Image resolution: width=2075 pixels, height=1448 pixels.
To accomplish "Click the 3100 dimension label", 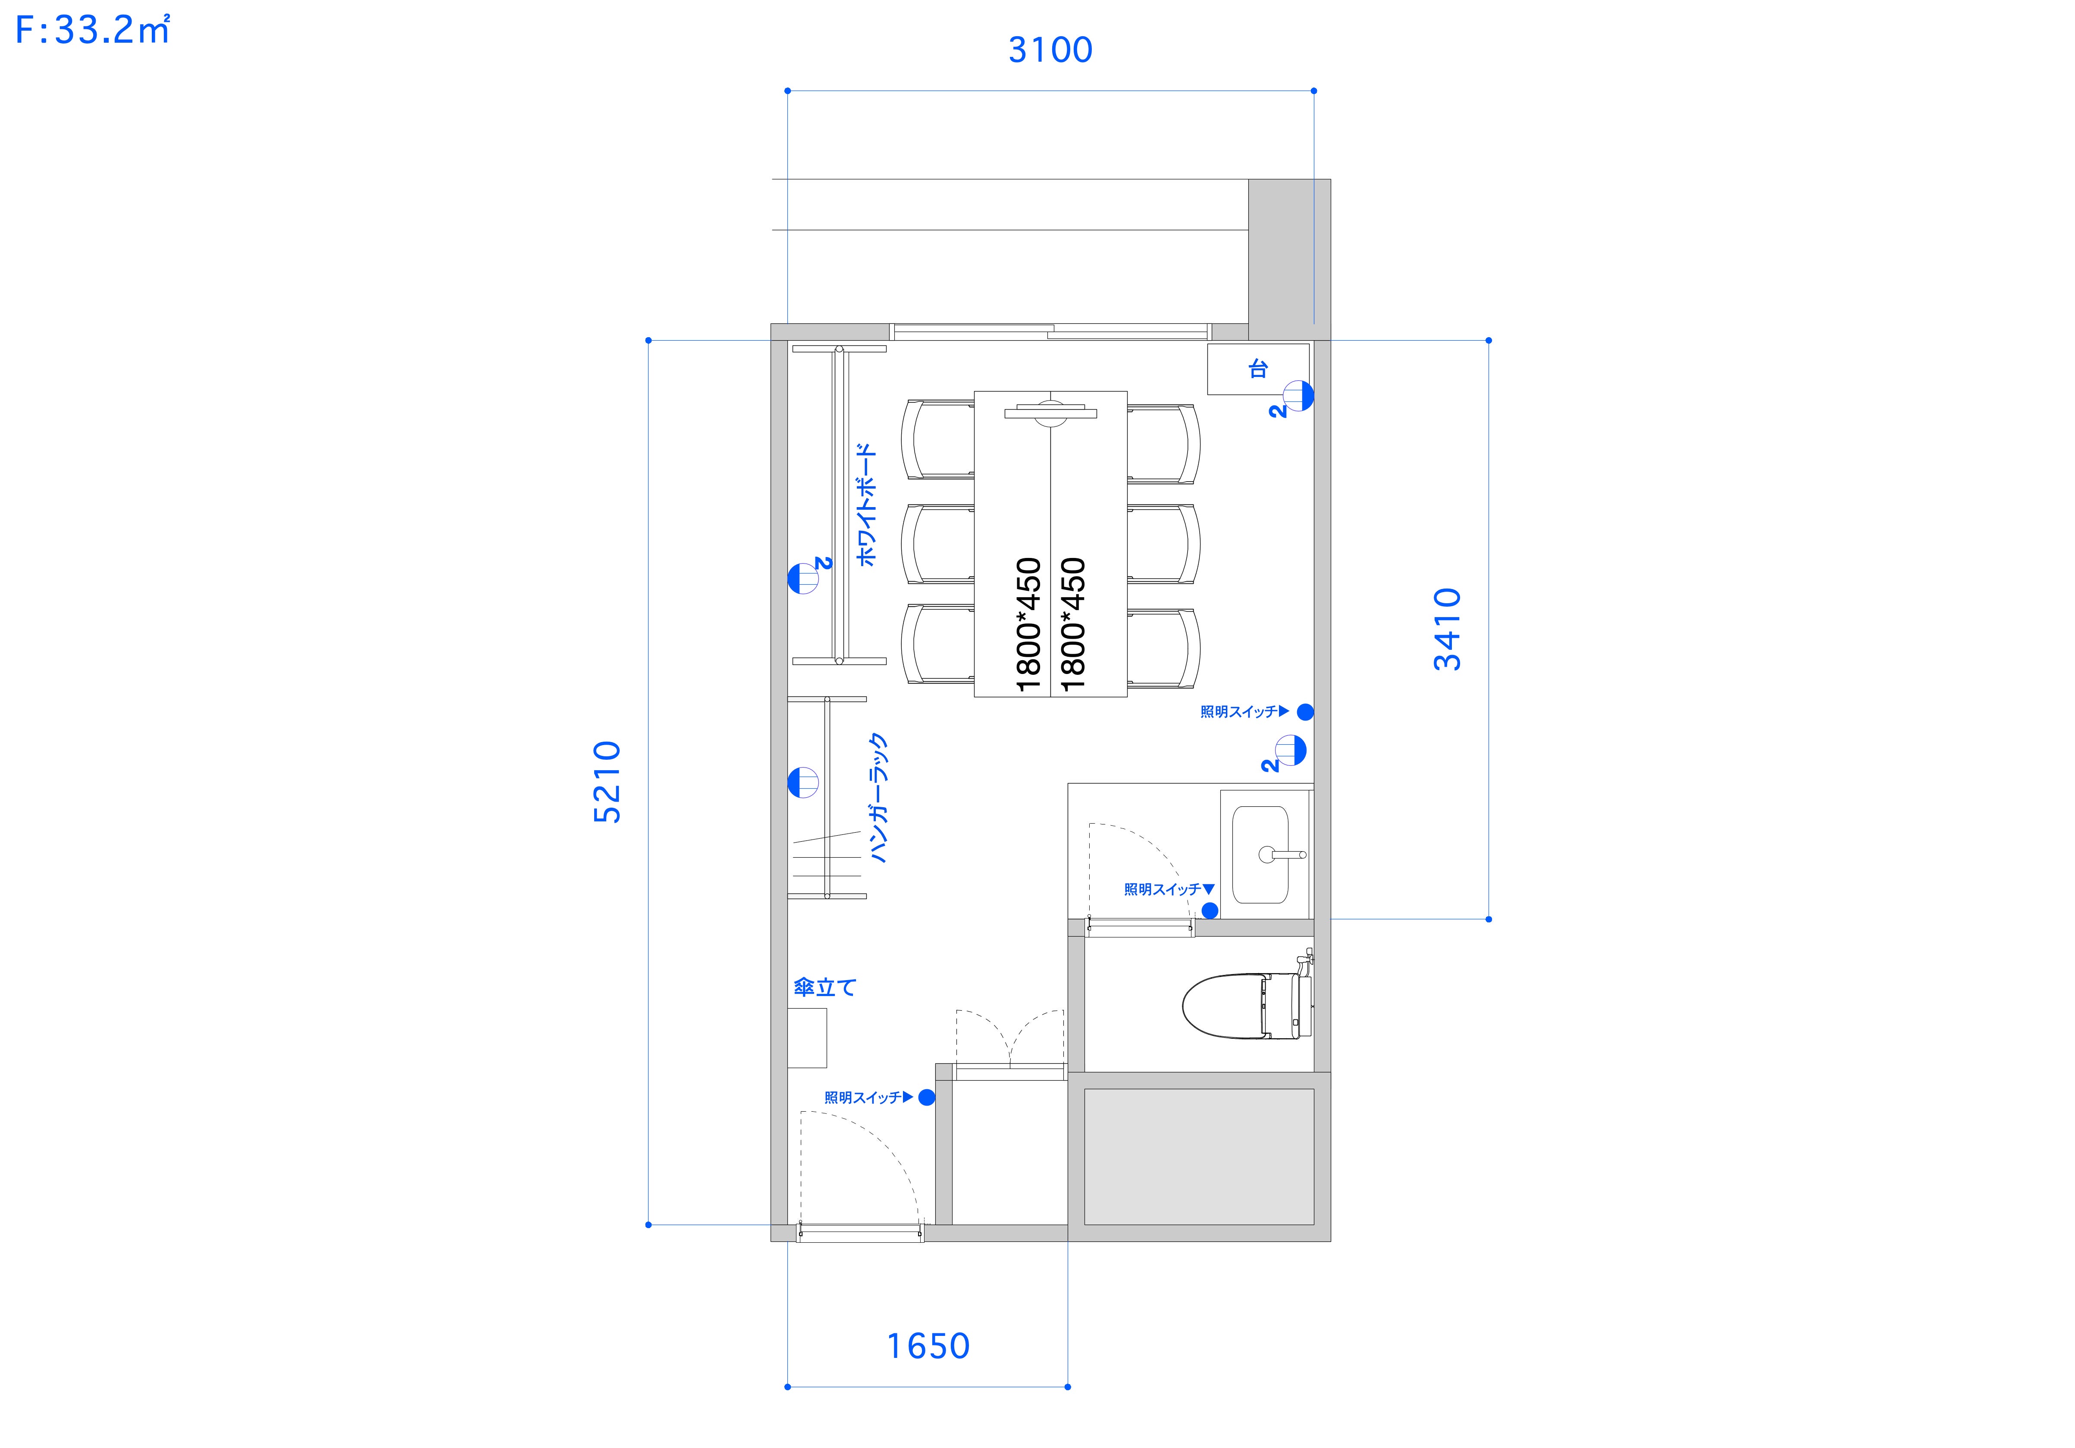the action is point(1050,50).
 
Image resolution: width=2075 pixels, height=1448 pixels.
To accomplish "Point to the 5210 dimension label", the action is point(607,782).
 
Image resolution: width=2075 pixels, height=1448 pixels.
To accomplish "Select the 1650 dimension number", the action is point(928,1346).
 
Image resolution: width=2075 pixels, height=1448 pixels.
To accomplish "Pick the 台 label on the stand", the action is point(1258,369).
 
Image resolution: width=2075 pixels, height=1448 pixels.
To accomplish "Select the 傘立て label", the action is point(824,987).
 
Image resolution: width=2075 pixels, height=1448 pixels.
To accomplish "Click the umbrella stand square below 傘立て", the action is point(807,1037).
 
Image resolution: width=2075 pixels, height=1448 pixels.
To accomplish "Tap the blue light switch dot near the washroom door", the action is point(1210,910).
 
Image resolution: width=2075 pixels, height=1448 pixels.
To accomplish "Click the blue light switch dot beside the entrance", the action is point(926,1097).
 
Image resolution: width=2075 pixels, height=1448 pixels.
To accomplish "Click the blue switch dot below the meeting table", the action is point(1305,712).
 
